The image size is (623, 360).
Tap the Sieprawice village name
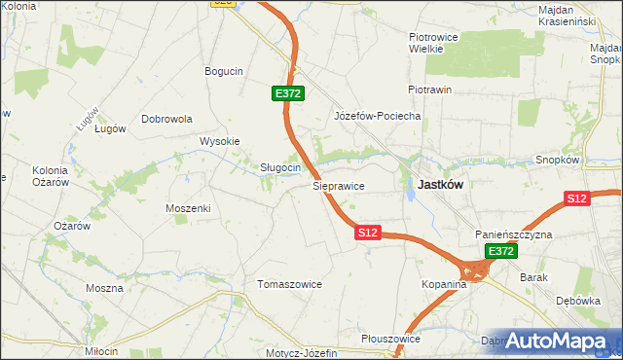[338, 184]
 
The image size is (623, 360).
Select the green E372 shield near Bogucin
[288, 93]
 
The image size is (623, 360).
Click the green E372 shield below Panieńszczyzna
[500, 251]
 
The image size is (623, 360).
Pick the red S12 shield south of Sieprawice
[367, 233]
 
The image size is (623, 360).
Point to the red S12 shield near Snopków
[577, 198]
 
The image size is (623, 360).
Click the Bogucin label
[223, 71]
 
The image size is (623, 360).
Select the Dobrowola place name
[167, 119]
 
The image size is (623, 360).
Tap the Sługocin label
[279, 167]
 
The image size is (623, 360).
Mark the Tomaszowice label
[288, 284]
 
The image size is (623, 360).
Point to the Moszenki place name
[188, 208]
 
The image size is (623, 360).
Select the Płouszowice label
[389, 339]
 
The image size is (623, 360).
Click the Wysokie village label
[219, 141]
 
